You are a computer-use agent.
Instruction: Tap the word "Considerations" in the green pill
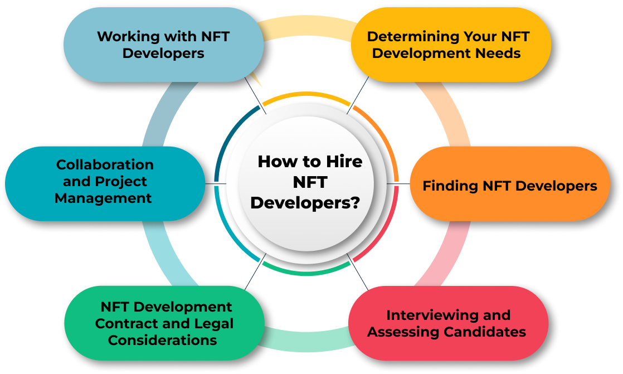coord(163,340)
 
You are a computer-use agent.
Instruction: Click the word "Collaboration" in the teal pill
coord(105,164)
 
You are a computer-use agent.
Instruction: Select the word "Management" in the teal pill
coord(103,198)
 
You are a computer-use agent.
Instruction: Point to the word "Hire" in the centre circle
coord(344,162)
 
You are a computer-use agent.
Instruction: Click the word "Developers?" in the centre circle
coord(305,203)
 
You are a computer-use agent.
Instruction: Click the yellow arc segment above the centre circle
coord(306,94)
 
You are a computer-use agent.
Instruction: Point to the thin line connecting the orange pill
coord(398,183)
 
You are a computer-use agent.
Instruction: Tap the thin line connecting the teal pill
coord(215,183)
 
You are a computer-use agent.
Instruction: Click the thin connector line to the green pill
coord(255,271)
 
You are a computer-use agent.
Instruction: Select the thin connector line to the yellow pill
coord(358,95)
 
